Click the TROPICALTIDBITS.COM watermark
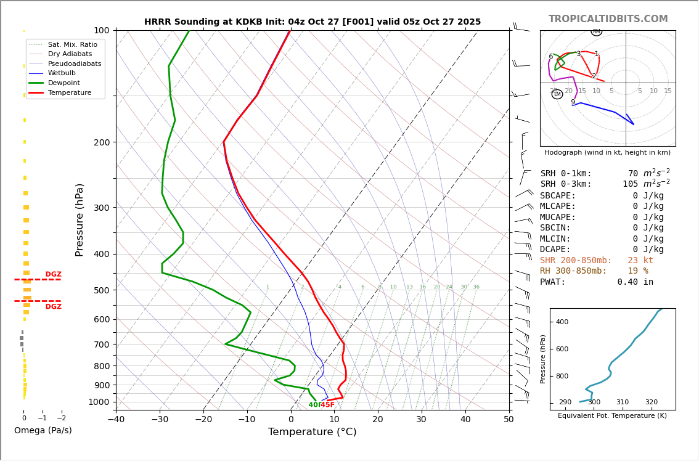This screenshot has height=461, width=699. [608, 19]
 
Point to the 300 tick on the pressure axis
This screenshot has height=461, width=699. [102, 208]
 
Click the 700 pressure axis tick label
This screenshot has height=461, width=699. [102, 345]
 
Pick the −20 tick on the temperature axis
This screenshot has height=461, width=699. [203, 420]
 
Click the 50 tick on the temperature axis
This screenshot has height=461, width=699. [509, 420]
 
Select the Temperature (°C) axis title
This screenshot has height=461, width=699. [312, 432]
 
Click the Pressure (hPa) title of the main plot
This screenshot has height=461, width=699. [80, 219]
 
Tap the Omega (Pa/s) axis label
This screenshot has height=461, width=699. [43, 430]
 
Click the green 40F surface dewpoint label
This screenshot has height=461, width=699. [314, 405]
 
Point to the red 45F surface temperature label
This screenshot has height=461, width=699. [327, 405]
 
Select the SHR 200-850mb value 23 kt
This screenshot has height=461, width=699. [640, 261]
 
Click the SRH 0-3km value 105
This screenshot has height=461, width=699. [630, 184]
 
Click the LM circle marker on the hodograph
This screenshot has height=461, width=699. [557, 94]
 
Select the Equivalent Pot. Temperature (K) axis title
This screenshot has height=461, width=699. [612, 416]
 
